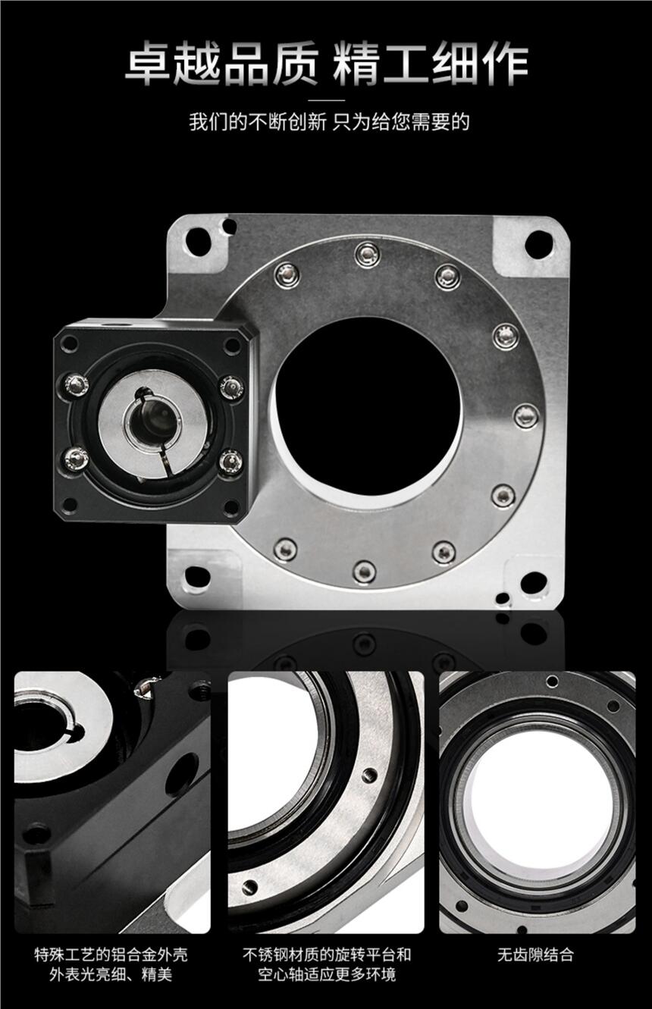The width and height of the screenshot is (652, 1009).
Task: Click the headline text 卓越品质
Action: [x=221, y=63]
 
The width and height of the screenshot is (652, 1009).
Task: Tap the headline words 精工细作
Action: [x=431, y=63]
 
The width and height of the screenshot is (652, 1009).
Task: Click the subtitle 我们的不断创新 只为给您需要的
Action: [x=329, y=122]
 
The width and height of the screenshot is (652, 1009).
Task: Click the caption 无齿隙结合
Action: [x=535, y=954]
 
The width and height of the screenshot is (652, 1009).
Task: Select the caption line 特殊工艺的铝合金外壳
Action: [x=111, y=954]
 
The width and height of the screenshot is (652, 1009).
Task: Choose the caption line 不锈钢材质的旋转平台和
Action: [x=327, y=954]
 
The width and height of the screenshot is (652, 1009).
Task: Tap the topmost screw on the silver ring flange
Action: [x=367, y=255]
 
